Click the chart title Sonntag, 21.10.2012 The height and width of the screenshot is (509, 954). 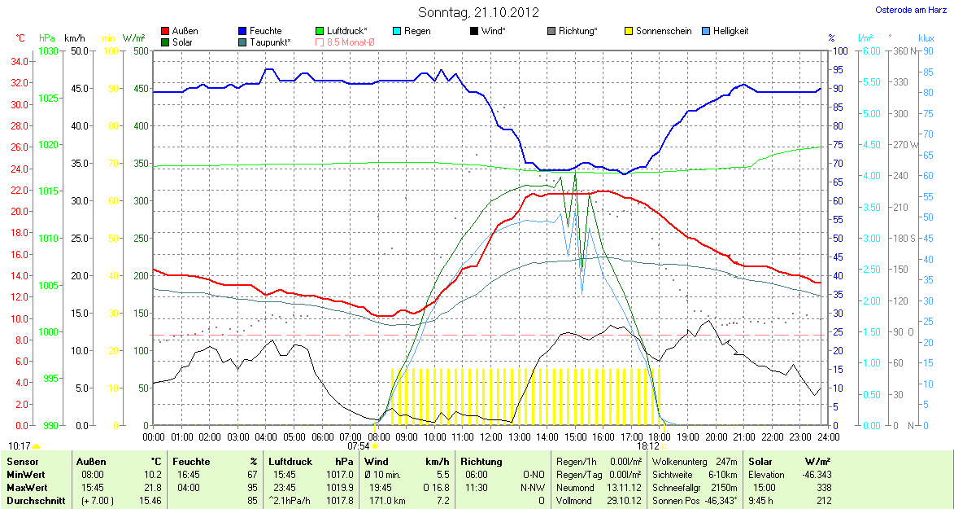(477, 12)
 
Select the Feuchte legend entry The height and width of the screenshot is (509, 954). (266, 31)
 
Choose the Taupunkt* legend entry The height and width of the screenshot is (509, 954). (270, 42)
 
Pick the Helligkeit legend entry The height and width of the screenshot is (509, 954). (730, 31)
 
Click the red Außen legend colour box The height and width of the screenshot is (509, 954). (166, 31)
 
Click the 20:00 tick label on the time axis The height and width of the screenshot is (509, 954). (716, 437)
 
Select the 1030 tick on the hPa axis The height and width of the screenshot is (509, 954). (49, 51)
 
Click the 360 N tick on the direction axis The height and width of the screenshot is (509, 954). (904, 51)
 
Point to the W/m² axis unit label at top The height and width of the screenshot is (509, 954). (133, 38)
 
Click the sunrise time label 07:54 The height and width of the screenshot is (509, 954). (359, 446)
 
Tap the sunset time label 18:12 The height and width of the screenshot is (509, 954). (648, 446)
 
